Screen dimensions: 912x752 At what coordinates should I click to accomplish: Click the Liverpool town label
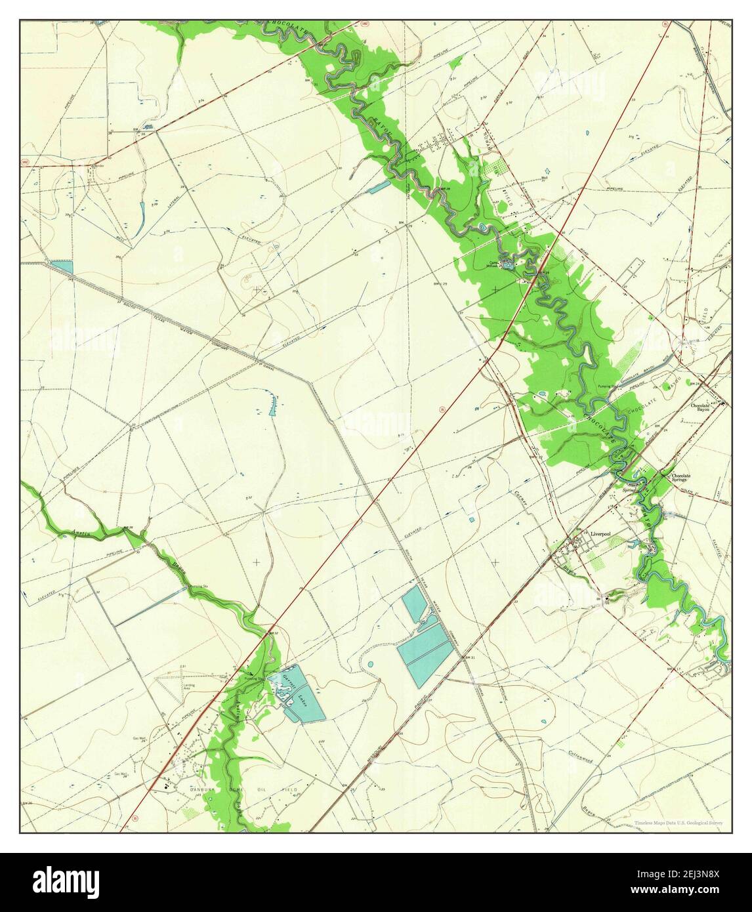[600, 535]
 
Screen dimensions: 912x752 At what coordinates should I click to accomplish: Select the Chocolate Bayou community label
[705, 407]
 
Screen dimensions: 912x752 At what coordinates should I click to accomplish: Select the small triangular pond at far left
[62, 266]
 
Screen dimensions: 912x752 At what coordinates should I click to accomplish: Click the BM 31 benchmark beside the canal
[467, 657]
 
